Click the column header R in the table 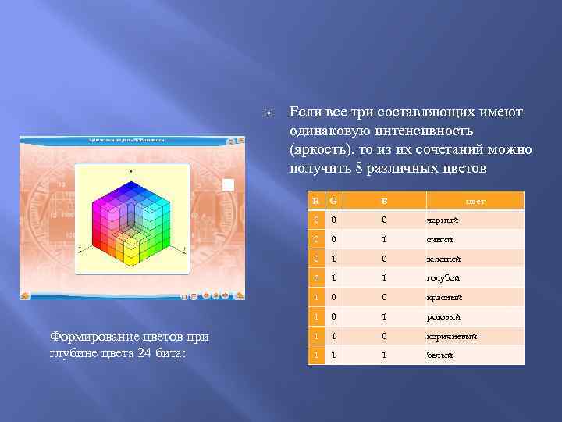click(x=316, y=201)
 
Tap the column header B click(x=383, y=201)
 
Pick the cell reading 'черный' click(x=442, y=220)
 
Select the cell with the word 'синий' click(x=439, y=240)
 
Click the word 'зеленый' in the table click(x=443, y=259)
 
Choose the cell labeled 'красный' click(x=444, y=298)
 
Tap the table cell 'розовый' click(x=443, y=316)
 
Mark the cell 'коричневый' click(x=452, y=336)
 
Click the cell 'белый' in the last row click(x=439, y=355)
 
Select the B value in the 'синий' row click(x=383, y=240)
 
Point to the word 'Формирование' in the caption click(x=94, y=336)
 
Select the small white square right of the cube click(x=228, y=184)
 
